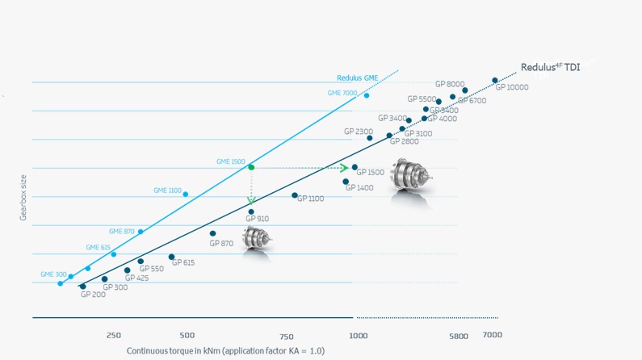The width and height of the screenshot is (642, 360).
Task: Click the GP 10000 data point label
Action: coord(512,87)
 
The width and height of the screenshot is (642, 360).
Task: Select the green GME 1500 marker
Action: coord(251,167)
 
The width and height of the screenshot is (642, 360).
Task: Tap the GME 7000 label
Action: coord(342,94)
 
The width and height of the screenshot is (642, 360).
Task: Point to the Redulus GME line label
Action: coord(357,78)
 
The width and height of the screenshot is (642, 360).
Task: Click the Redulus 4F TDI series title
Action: coord(550,68)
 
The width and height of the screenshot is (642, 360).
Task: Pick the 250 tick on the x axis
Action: coord(113,335)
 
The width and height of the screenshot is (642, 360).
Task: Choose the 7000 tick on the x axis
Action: coord(492,335)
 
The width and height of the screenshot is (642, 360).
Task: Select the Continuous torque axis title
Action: coord(225,351)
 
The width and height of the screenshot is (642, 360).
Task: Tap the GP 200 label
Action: coord(93,295)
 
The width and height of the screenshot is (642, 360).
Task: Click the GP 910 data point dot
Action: coord(251,212)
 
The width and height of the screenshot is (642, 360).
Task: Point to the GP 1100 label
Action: coord(311,199)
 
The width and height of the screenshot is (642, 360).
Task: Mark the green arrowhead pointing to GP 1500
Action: coord(344,168)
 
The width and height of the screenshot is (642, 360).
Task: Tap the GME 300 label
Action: coord(53,275)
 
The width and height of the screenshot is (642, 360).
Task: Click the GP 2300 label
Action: coord(359,132)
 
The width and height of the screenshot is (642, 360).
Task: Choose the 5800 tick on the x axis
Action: coord(458,336)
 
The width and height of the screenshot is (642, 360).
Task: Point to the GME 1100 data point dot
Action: coord(186,195)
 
